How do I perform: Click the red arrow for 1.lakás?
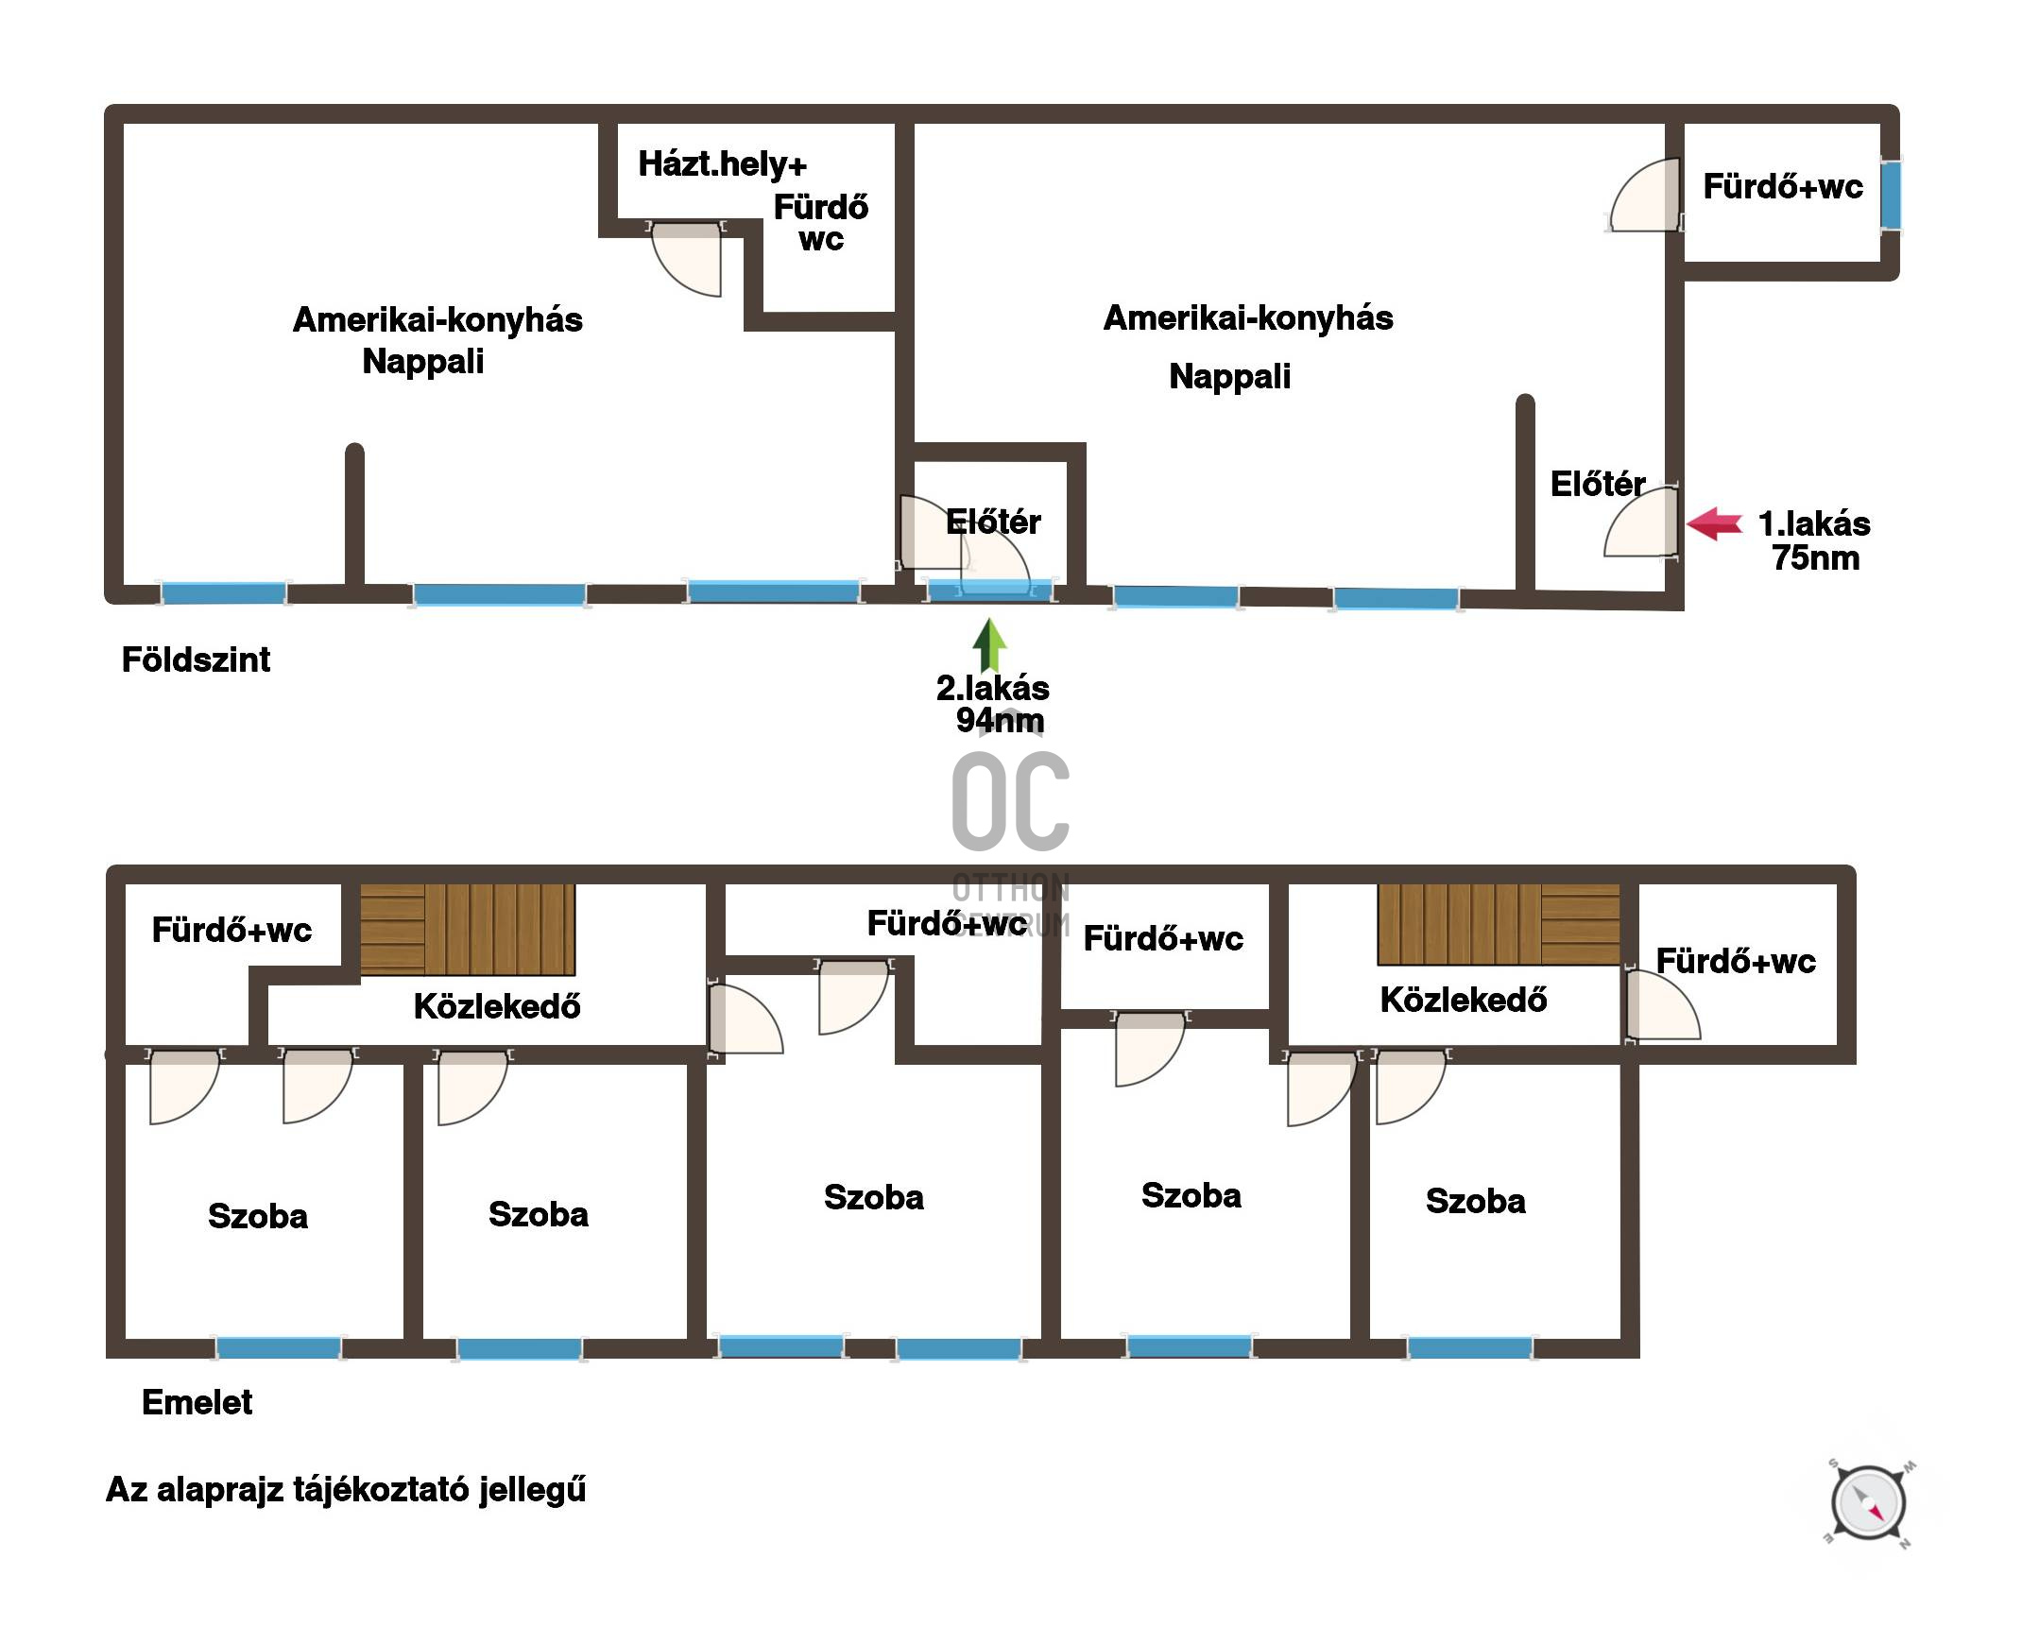tap(1714, 523)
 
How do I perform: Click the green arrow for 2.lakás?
tap(989, 645)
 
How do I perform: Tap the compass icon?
tap(1868, 1503)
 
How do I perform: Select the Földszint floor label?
tap(196, 660)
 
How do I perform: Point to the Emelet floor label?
tap(197, 1402)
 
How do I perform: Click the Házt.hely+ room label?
tap(723, 163)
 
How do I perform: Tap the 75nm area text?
tap(1815, 557)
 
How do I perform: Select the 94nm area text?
tap(999, 721)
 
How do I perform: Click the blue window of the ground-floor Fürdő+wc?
tap(1891, 195)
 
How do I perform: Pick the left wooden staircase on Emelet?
tap(468, 929)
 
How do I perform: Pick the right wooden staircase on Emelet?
tap(1499, 924)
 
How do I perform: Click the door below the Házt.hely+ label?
tap(687, 258)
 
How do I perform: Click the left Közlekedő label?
tap(497, 1006)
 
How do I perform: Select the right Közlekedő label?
tap(1464, 1000)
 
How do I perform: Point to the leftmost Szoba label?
tap(258, 1216)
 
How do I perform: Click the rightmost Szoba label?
tap(1476, 1201)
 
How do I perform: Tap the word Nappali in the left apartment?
tap(422, 361)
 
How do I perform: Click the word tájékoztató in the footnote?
tap(382, 1490)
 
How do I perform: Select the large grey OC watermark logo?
tap(1010, 801)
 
